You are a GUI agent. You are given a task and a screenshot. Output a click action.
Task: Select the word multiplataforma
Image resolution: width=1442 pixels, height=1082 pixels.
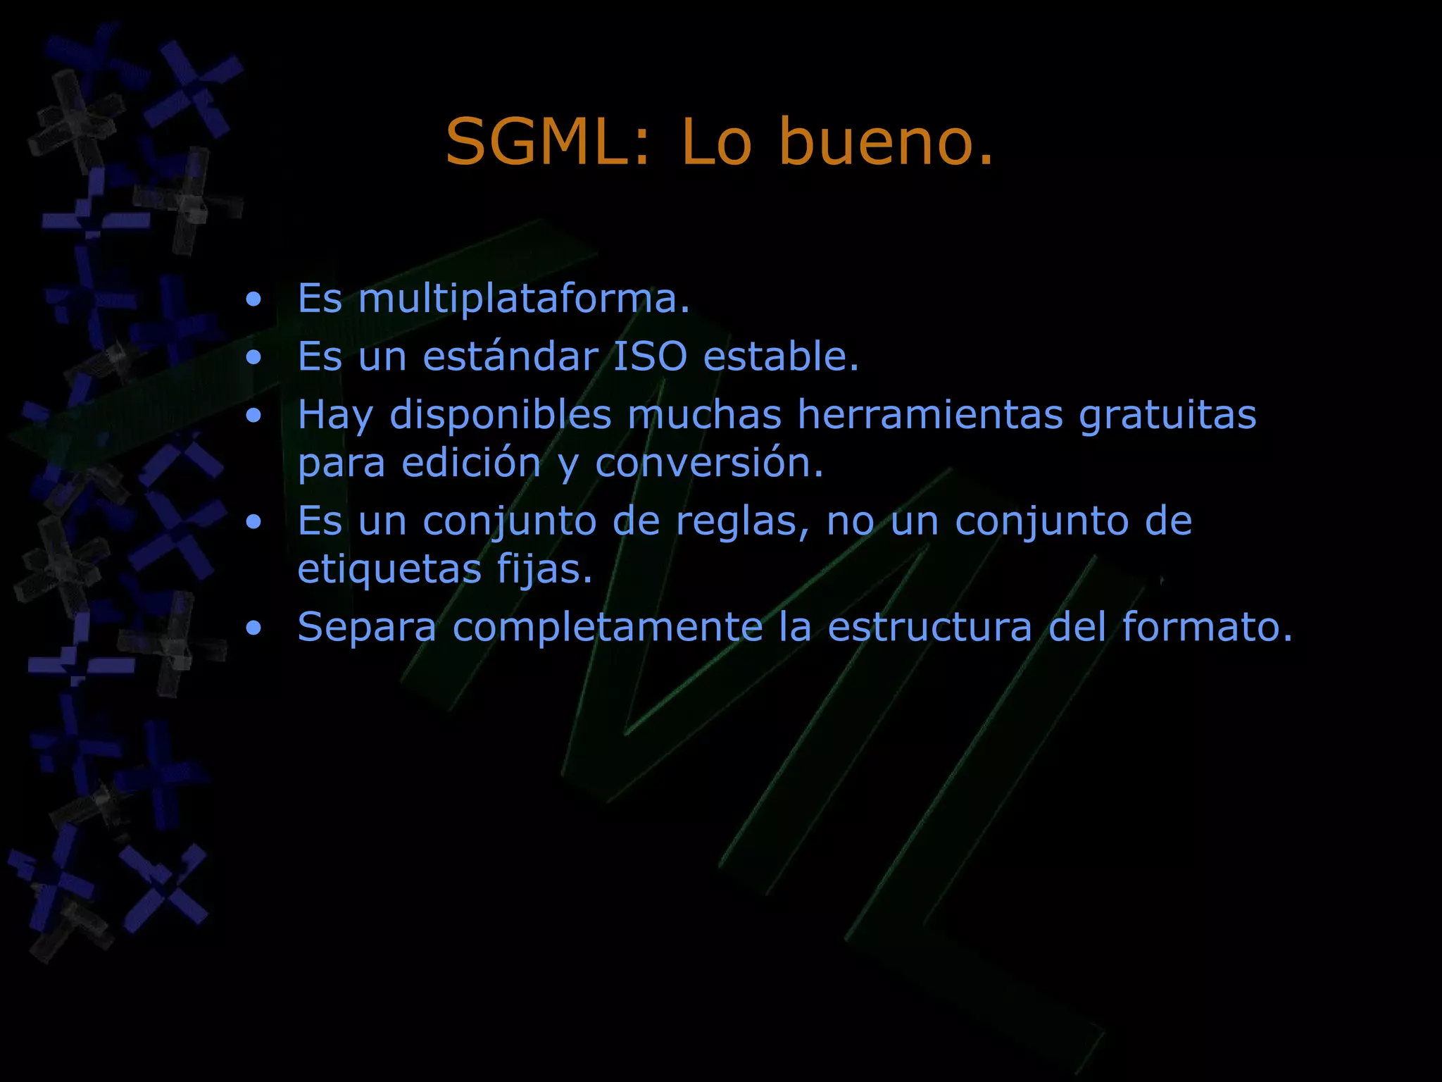(x=524, y=299)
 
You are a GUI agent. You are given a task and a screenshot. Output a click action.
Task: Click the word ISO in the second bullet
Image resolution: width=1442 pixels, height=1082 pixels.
(x=650, y=356)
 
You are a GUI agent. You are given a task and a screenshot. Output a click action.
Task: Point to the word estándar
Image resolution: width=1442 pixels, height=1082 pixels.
(x=510, y=356)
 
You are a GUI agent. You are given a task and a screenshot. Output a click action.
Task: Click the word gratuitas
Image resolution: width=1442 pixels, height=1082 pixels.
(x=1167, y=416)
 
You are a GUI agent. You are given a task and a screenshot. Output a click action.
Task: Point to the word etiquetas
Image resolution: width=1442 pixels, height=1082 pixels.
(x=389, y=569)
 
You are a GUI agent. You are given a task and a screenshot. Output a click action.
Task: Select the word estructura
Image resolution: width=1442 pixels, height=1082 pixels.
(x=929, y=627)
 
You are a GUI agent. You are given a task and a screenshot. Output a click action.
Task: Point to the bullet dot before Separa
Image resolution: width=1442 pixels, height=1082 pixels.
(x=253, y=628)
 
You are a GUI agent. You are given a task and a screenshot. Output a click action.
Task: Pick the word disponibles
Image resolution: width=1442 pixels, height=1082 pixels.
(x=501, y=416)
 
